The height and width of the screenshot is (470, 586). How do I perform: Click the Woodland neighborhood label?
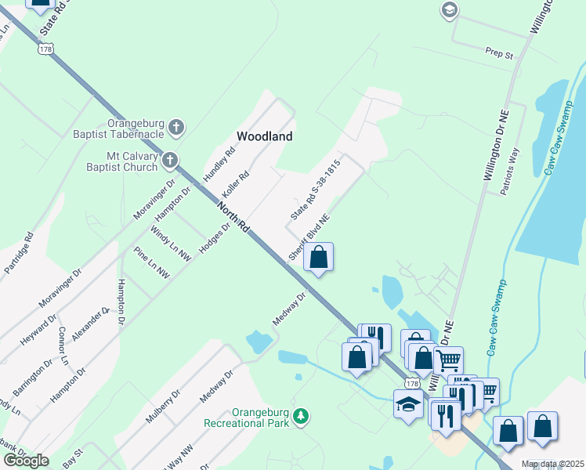[x=265, y=136]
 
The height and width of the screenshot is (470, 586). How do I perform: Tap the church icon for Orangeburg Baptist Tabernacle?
[x=177, y=126]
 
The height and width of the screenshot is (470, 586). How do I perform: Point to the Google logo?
[x=26, y=461]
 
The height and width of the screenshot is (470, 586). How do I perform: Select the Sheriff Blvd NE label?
[x=309, y=238]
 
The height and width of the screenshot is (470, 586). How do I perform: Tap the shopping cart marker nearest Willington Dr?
[x=448, y=360]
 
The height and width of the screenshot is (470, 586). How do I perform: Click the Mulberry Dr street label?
[x=163, y=403]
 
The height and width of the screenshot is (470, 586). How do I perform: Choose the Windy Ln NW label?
[x=171, y=244]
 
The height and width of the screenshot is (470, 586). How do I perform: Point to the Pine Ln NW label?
[x=151, y=263]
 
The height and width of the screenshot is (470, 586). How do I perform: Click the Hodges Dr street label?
[x=215, y=238]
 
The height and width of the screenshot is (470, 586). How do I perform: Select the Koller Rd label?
[x=235, y=186]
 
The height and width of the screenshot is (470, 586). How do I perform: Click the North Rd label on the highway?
[x=233, y=217]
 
